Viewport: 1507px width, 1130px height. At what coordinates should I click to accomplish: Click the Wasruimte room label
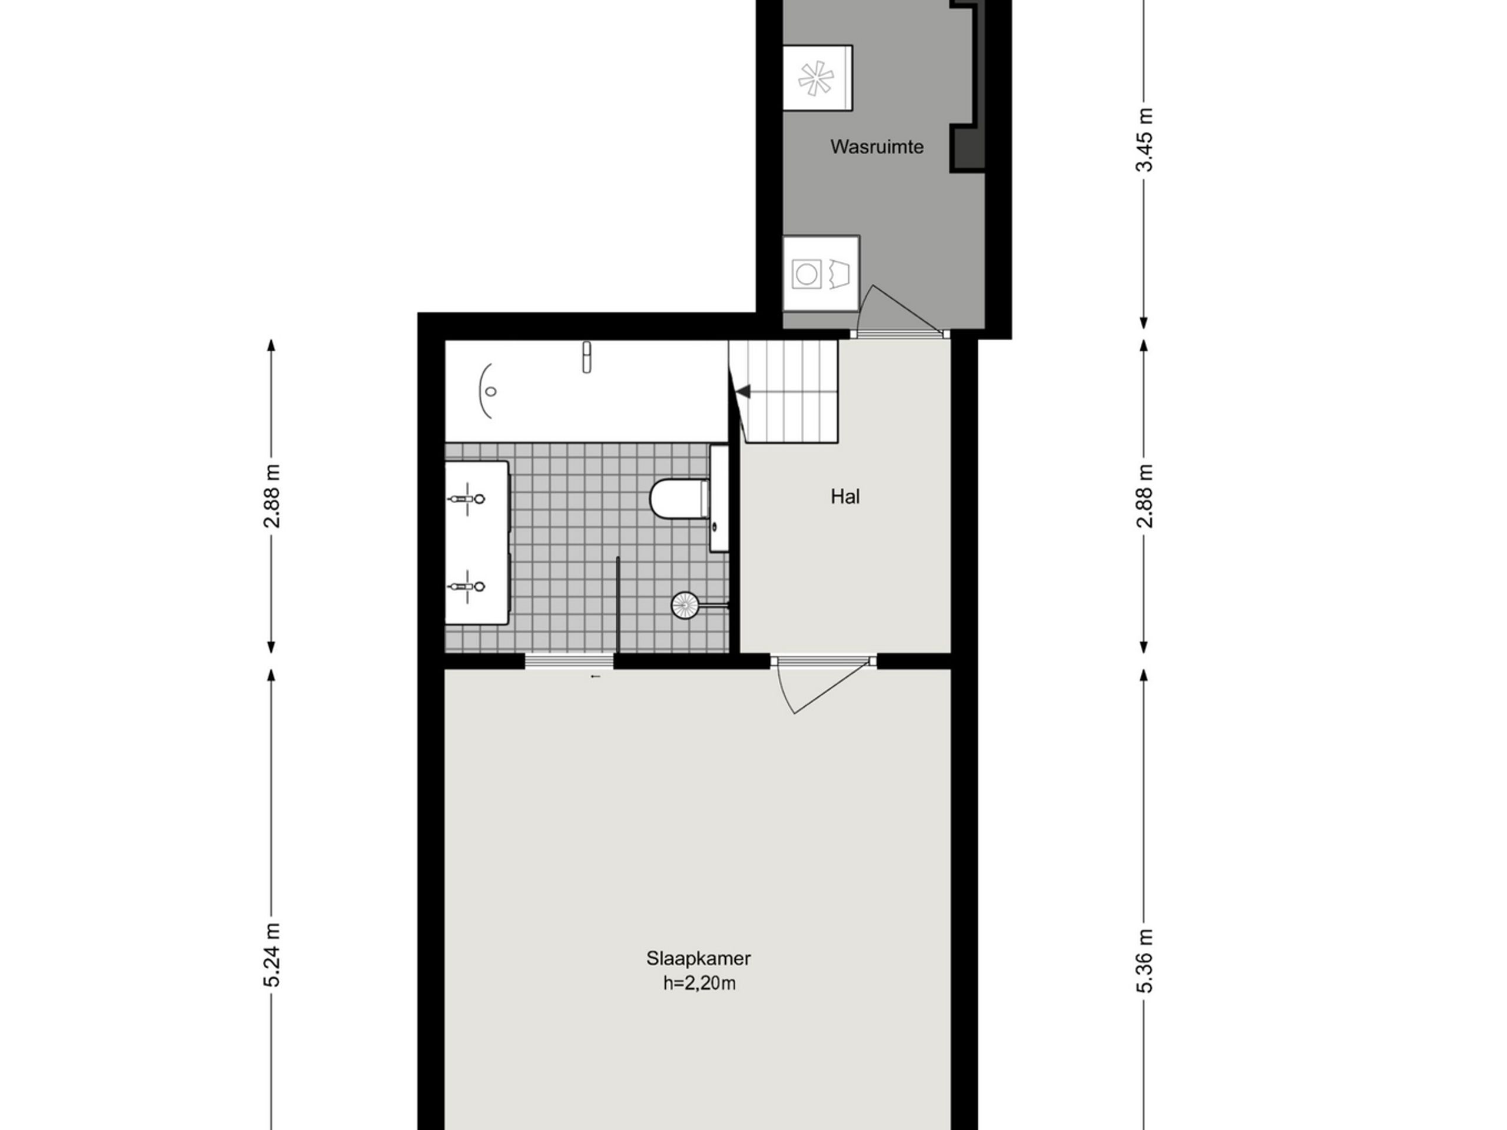(x=877, y=147)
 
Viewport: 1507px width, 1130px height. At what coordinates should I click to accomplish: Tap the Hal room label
(x=845, y=497)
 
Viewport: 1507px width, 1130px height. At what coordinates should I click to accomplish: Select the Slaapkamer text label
(x=698, y=958)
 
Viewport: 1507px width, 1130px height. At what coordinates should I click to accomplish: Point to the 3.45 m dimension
(x=1145, y=139)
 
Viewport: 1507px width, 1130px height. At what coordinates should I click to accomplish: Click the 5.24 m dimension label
(x=273, y=955)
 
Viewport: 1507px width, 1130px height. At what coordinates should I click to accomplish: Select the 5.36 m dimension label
(x=1145, y=960)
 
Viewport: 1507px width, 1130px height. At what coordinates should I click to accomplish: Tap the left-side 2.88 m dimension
(x=273, y=496)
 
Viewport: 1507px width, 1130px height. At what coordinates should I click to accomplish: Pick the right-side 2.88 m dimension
(x=1145, y=496)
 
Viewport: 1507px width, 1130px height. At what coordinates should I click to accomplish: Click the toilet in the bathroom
(x=679, y=499)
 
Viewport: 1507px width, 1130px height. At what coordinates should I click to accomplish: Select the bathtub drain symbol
(x=490, y=391)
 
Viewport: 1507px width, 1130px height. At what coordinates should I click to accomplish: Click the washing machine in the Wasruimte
(x=820, y=274)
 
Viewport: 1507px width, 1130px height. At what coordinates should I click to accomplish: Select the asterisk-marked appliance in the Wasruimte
(x=817, y=78)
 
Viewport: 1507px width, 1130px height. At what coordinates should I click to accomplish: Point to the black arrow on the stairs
(x=743, y=391)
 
